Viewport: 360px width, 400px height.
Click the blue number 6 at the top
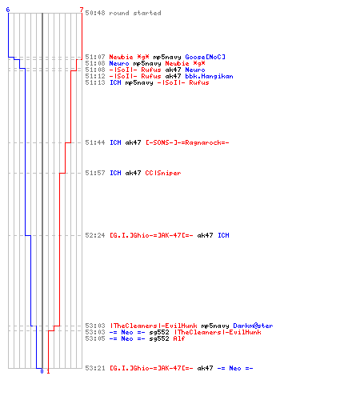click(x=8, y=10)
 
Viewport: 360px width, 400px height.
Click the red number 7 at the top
click(x=82, y=10)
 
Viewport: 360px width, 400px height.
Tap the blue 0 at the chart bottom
click(x=42, y=371)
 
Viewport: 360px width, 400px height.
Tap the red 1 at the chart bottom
click(x=48, y=371)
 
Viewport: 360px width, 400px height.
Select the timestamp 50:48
click(x=95, y=13)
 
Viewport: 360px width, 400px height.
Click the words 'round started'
click(x=135, y=13)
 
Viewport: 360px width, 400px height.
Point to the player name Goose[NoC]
click(x=206, y=57)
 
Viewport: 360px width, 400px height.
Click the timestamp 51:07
click(x=95, y=57)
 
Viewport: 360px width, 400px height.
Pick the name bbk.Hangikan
click(x=210, y=76)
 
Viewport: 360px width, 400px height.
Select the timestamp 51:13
click(x=95, y=82)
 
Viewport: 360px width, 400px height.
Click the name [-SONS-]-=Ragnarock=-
click(x=187, y=142)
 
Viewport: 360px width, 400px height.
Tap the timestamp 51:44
click(x=95, y=142)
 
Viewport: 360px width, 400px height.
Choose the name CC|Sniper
click(x=163, y=173)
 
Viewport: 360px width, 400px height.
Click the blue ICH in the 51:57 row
click(x=115, y=173)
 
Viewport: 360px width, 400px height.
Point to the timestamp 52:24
click(x=95, y=235)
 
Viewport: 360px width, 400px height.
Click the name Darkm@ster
click(x=253, y=326)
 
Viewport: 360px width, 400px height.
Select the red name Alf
click(x=179, y=338)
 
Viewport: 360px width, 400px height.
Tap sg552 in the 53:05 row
click(x=159, y=338)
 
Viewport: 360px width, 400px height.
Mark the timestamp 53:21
click(x=95, y=368)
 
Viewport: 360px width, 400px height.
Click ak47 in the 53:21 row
click(x=206, y=368)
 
